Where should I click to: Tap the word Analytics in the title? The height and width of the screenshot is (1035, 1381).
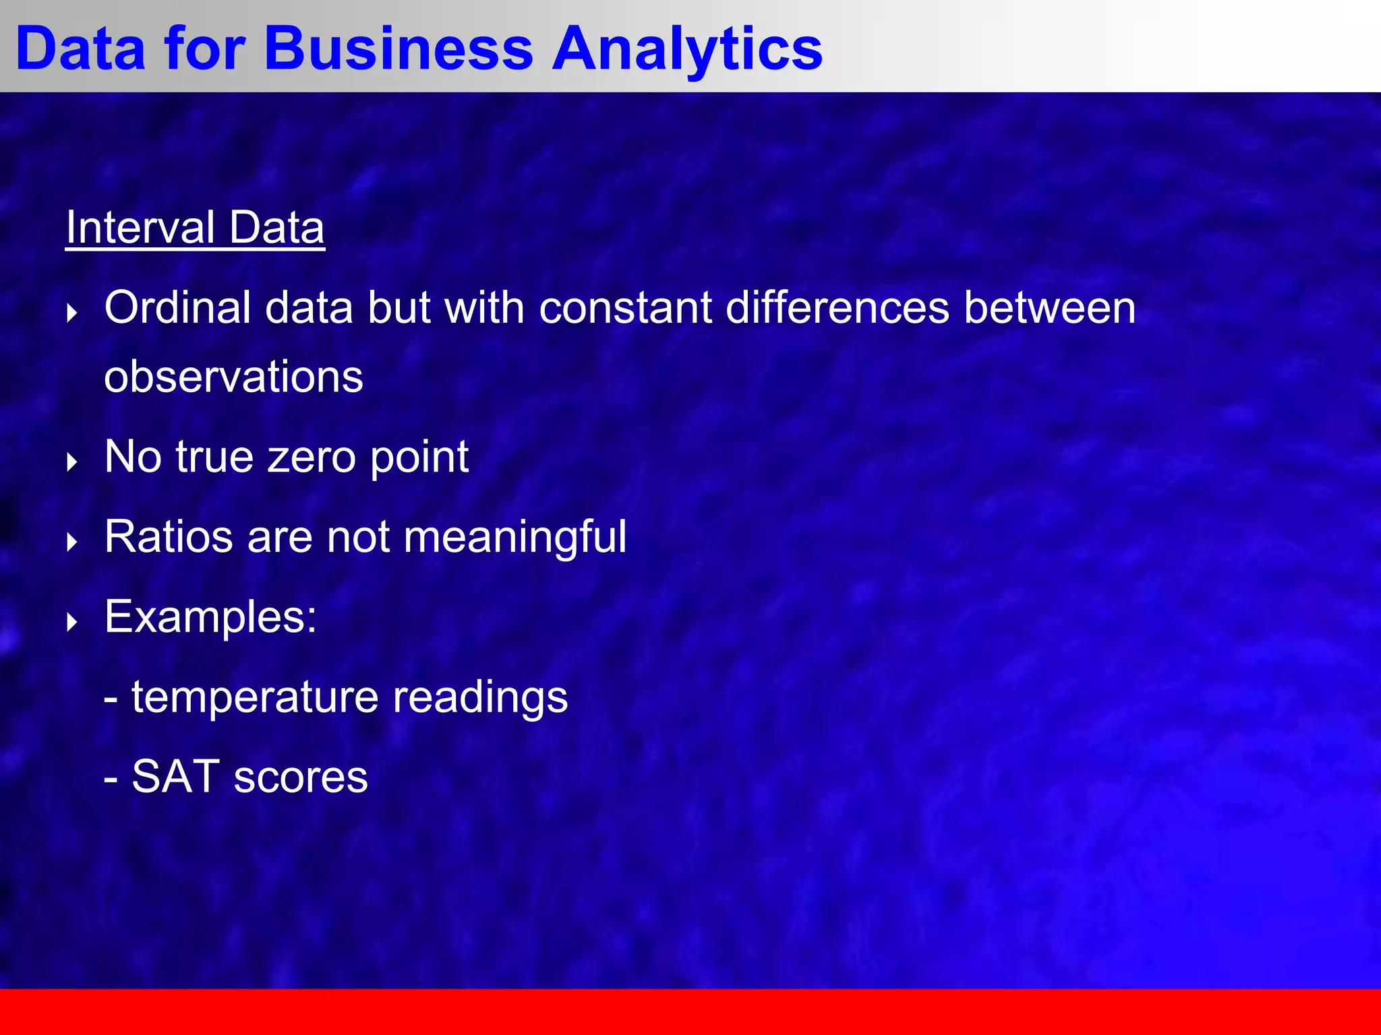(x=687, y=49)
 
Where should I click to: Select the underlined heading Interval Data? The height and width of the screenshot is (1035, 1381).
(x=195, y=228)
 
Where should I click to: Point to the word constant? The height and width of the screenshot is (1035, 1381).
(x=626, y=307)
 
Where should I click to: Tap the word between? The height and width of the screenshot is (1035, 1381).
(x=1049, y=307)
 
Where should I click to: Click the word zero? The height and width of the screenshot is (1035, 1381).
(x=311, y=457)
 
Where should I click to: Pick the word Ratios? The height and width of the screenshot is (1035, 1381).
(x=169, y=537)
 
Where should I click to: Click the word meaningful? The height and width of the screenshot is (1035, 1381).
(x=515, y=537)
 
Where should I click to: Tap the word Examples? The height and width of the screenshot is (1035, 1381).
(x=210, y=617)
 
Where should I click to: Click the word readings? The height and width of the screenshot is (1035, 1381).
(x=480, y=697)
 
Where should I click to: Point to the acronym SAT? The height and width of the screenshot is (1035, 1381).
(x=175, y=776)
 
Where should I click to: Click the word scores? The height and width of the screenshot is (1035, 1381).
(x=301, y=776)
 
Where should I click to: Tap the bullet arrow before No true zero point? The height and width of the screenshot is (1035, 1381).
(x=72, y=462)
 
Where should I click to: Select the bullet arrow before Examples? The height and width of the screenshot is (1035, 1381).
(x=72, y=622)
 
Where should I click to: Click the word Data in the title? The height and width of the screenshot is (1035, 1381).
(x=80, y=49)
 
